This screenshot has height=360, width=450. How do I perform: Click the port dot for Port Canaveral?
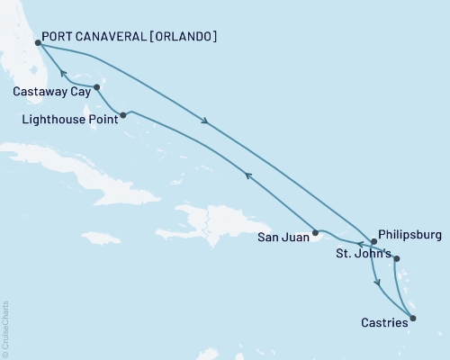38,42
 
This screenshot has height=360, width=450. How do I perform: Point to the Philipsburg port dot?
374,241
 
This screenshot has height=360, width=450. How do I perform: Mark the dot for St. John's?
397,260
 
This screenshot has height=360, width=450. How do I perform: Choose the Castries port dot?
413,317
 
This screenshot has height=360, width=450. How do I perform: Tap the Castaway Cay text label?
49,91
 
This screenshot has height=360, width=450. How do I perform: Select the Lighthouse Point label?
67,117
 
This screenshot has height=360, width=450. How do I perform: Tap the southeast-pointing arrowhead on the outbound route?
209,123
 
